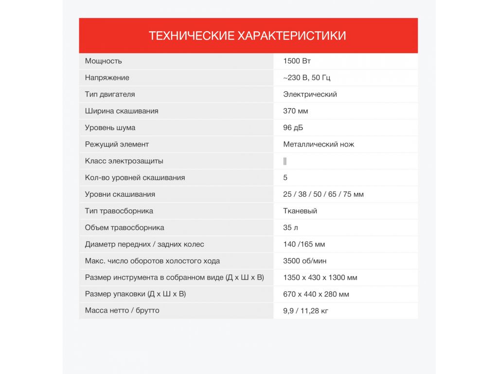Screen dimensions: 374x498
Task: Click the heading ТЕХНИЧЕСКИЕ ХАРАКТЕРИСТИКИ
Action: pyautogui.click(x=248, y=36)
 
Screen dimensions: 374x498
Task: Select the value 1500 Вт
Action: pyautogui.click(x=297, y=61)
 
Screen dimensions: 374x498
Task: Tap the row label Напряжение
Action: pyautogui.click(x=107, y=77)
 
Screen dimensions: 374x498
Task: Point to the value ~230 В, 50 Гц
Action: pyautogui.click(x=307, y=77)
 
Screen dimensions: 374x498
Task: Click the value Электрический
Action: pyautogui.click(x=310, y=94)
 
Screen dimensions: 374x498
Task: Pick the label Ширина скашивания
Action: pyautogui.click(x=122, y=111)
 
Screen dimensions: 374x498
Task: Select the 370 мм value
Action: pyautogui.click(x=296, y=111)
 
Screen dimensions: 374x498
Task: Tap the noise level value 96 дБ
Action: pyautogui.click(x=294, y=128)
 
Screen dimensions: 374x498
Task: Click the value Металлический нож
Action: pyautogui.click(x=319, y=144)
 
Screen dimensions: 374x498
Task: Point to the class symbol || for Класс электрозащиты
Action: pyautogui.click(x=285, y=161)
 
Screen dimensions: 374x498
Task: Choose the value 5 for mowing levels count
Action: pyautogui.click(x=285, y=178)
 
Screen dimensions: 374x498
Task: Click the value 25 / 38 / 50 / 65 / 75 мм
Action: pyautogui.click(x=323, y=194)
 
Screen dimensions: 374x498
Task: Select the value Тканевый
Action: pyautogui.click(x=300, y=211)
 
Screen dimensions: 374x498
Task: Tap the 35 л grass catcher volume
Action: pyautogui.click(x=291, y=227)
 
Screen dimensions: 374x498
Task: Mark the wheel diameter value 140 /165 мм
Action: pyautogui.click(x=304, y=244)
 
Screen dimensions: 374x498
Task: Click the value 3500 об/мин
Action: pyautogui.click(x=305, y=261)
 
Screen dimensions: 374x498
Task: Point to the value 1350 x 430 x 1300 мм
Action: pyautogui.click(x=320, y=278)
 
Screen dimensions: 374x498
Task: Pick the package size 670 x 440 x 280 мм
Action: pyautogui.click(x=316, y=294)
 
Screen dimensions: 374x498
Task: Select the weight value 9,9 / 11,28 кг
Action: pyautogui.click(x=305, y=311)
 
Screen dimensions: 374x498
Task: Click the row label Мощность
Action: pyautogui.click(x=104, y=61)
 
